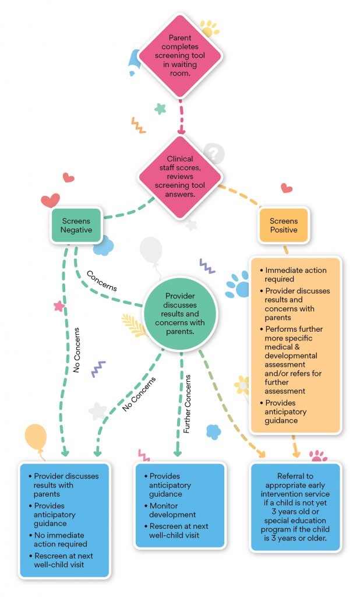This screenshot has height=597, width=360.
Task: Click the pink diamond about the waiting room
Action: click(x=180, y=57)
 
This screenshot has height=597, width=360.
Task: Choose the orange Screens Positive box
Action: click(x=284, y=225)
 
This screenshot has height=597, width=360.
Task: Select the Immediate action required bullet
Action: click(x=296, y=275)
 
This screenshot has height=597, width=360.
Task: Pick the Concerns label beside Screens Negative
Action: click(x=101, y=280)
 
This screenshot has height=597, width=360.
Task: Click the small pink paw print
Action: click(x=317, y=455)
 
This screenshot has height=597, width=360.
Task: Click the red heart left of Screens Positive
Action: click(x=286, y=188)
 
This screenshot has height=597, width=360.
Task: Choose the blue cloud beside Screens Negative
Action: click(x=104, y=245)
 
